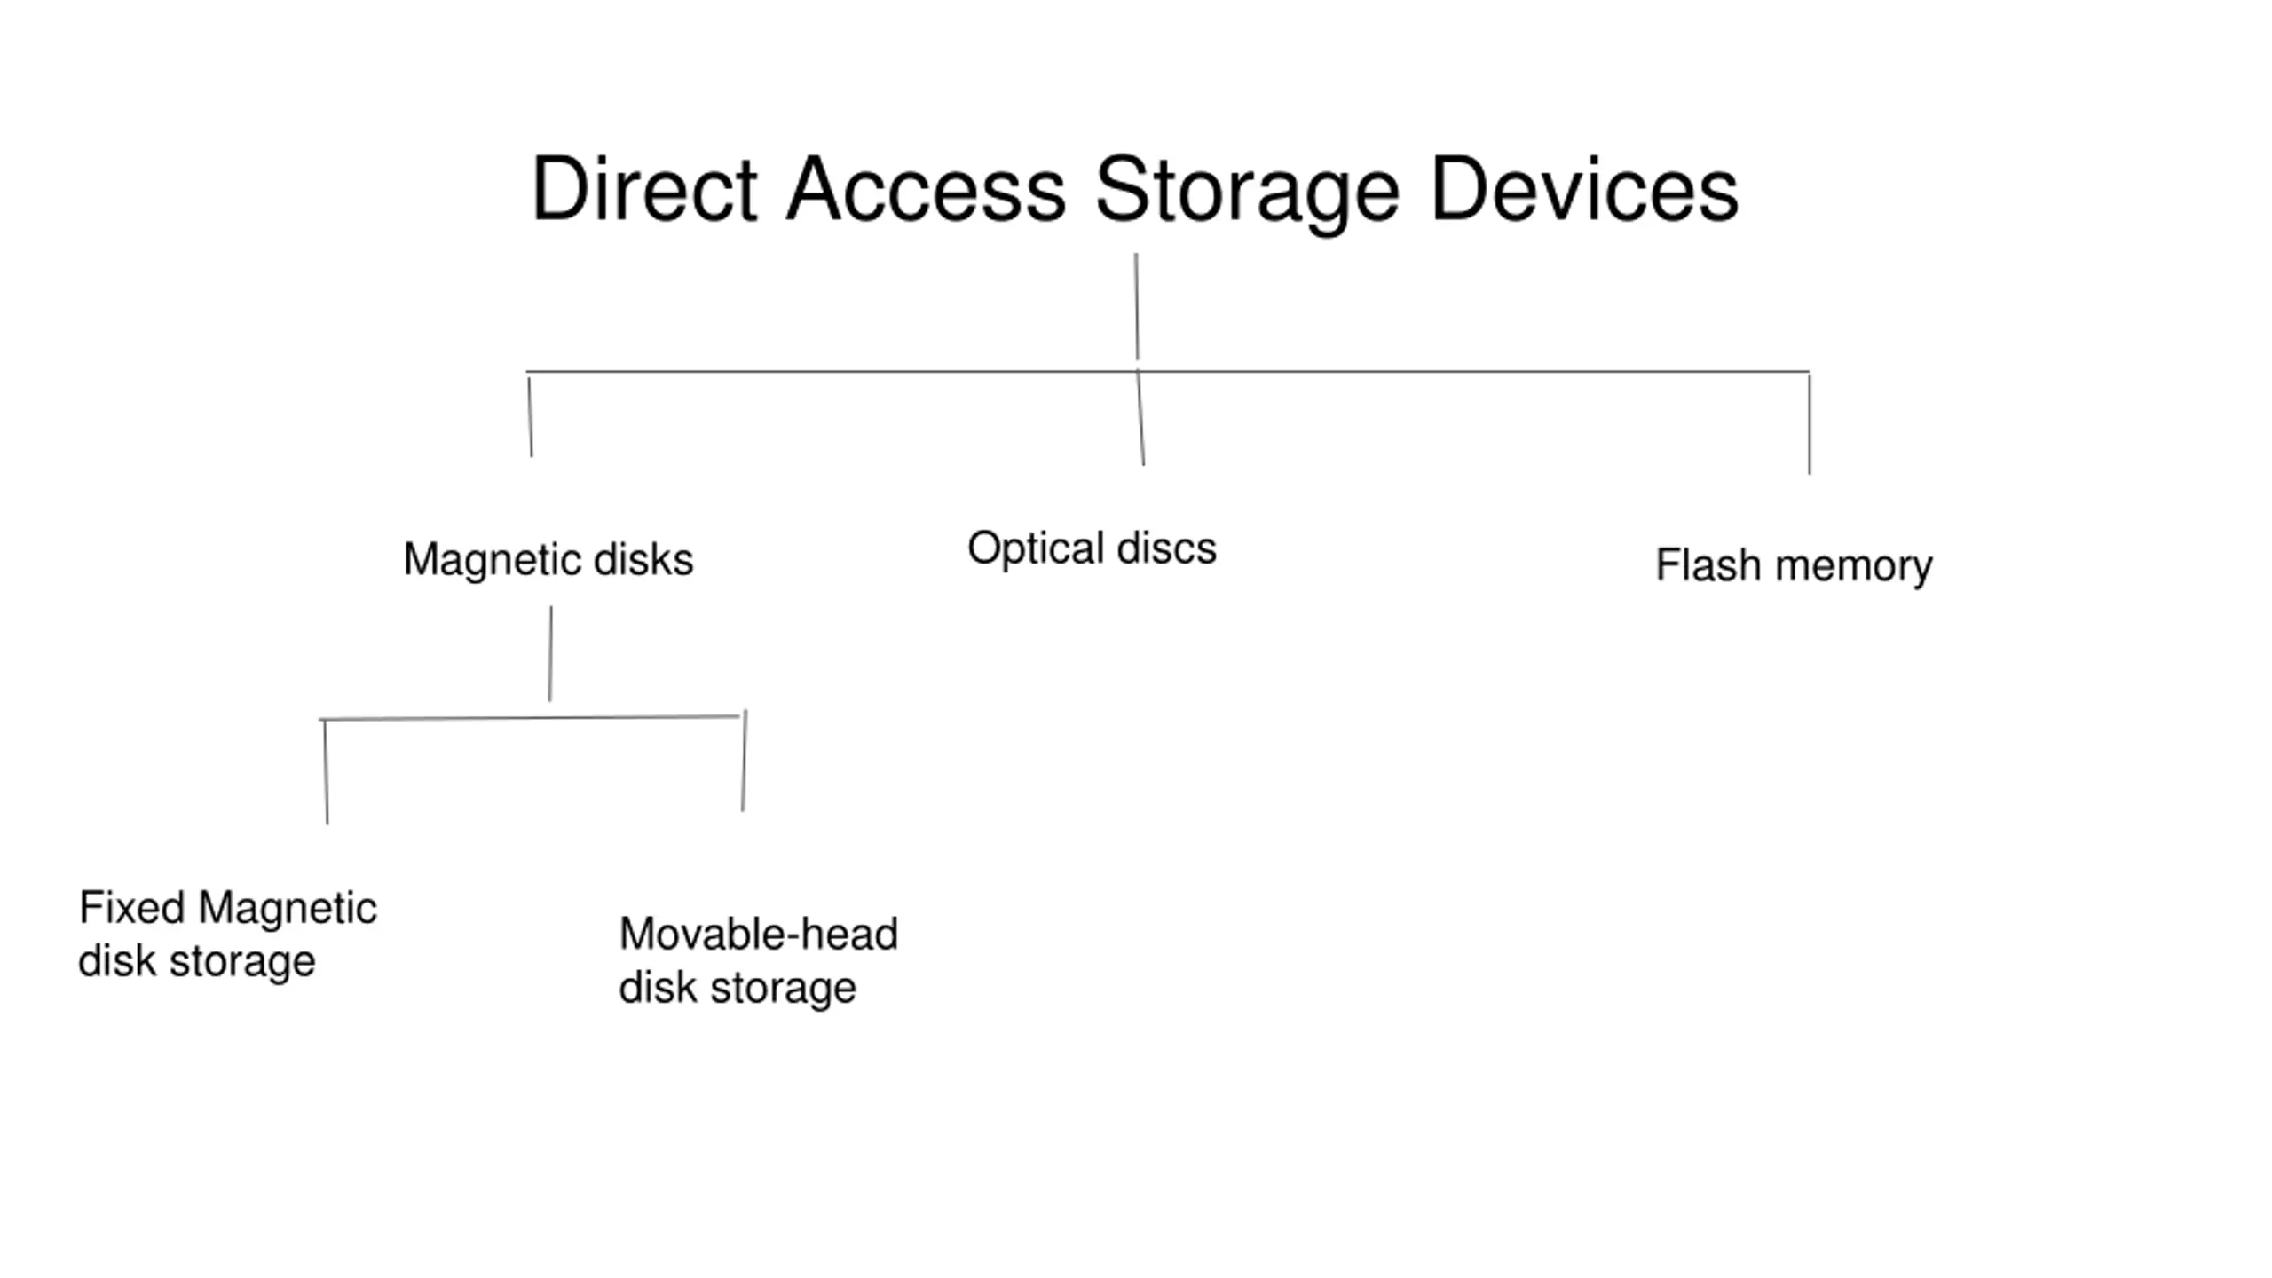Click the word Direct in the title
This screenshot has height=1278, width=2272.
coord(644,189)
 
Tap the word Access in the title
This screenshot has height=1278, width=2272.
coord(926,189)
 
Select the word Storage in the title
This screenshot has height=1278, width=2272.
coord(1247,194)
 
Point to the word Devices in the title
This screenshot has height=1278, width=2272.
coord(1584,189)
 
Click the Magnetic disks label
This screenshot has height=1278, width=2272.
coord(548,561)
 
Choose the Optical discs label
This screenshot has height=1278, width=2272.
coord(1092,548)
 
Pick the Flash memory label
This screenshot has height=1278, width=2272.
coord(1794,566)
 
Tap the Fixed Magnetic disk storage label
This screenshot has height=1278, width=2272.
coord(227,935)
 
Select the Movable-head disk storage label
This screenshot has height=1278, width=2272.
coord(759,961)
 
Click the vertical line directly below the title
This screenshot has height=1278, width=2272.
coord(1136,306)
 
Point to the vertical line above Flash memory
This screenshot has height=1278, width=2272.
coord(1810,423)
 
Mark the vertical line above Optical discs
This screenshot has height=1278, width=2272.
coord(1140,417)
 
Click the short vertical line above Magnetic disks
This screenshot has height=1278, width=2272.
coord(530,417)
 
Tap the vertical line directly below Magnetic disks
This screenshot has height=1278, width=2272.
coord(550,654)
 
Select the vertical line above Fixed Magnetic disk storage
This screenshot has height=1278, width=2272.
coord(326,772)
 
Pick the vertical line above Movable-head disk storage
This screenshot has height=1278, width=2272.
coord(745,761)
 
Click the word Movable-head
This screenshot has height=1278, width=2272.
coord(759,935)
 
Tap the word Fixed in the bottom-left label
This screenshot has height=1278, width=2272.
coord(131,908)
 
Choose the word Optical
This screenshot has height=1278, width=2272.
coord(1036,548)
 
